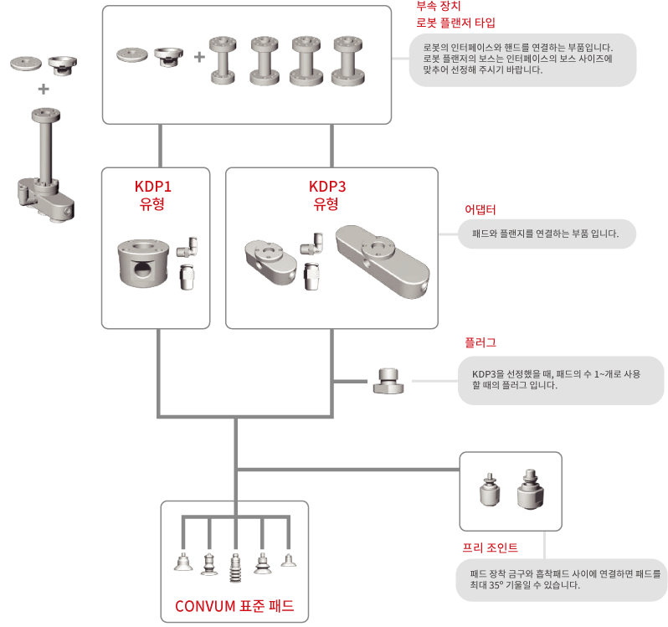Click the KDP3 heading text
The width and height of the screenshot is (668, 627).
tap(332, 186)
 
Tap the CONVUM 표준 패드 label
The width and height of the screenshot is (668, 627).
tap(234, 606)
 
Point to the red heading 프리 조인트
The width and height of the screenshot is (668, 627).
tap(491, 547)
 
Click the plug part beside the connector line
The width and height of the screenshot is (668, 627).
tap(388, 382)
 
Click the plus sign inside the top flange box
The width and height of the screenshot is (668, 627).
tap(198, 57)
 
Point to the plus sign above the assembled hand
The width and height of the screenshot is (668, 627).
tap(43, 89)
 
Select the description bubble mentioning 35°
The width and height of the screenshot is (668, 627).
tap(561, 579)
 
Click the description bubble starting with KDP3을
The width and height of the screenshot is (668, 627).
tap(561, 379)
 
